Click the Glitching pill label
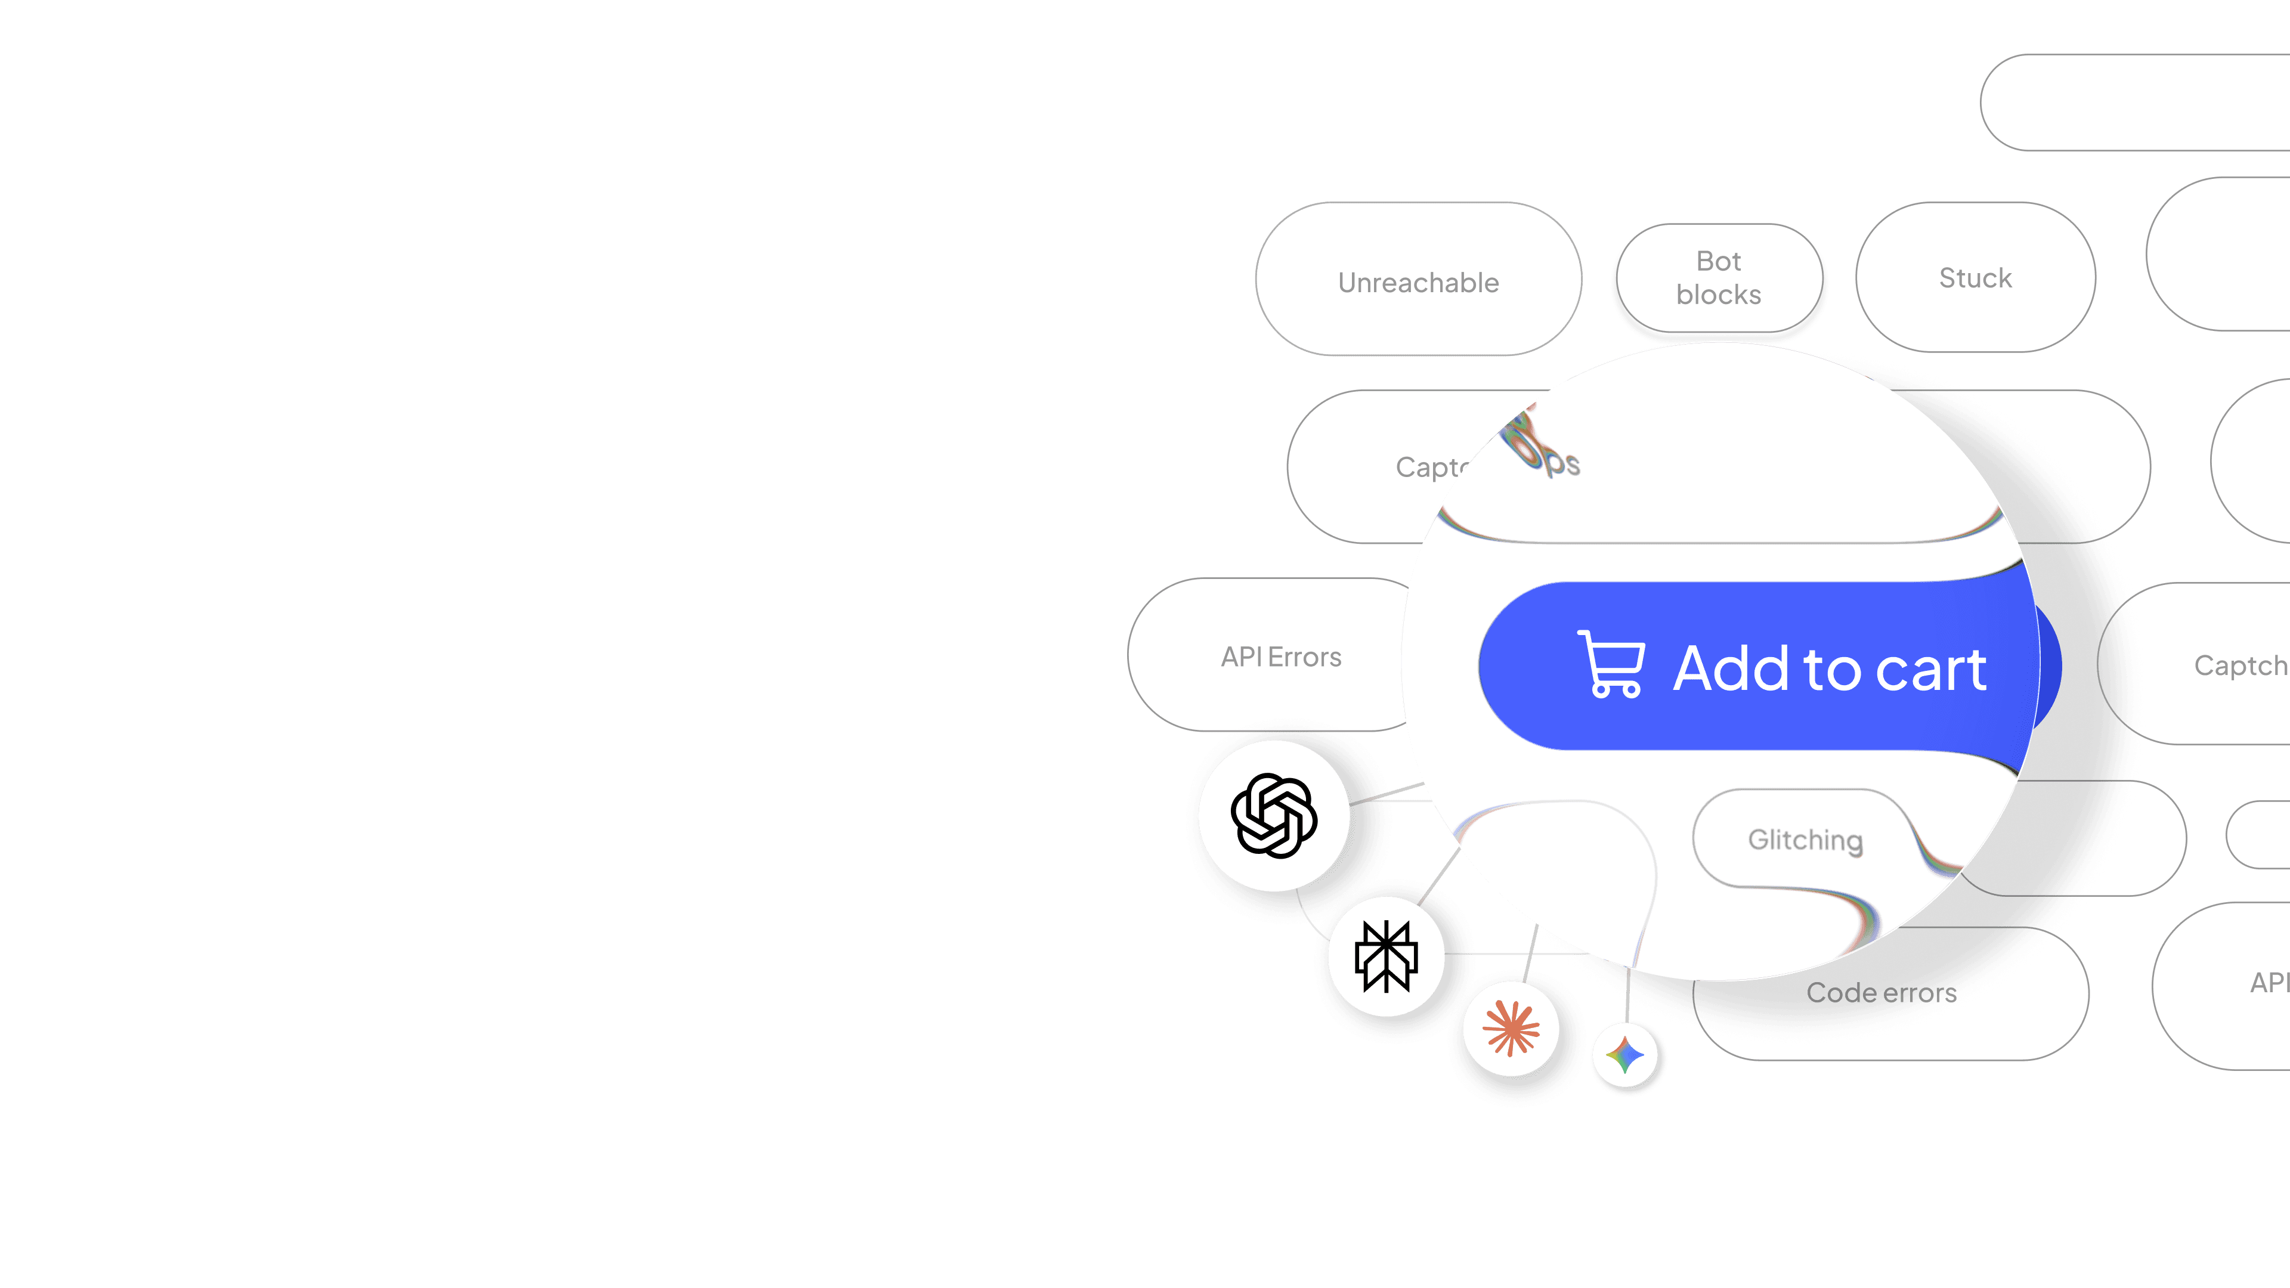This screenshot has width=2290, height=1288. (1805, 840)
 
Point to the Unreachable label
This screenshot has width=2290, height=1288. (1418, 283)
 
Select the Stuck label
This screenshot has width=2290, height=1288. (1975, 278)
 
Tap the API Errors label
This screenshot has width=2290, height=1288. (1280, 657)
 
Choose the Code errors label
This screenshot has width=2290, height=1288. (1881, 992)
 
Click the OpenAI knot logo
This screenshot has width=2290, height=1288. (1273, 816)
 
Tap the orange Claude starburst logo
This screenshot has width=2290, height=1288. (1511, 1029)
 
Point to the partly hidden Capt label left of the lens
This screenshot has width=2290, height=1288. (1428, 467)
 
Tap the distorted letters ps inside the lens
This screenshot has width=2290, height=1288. (1562, 463)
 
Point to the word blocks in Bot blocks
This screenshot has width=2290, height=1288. (1718, 294)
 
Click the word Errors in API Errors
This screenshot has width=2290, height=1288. (1304, 657)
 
